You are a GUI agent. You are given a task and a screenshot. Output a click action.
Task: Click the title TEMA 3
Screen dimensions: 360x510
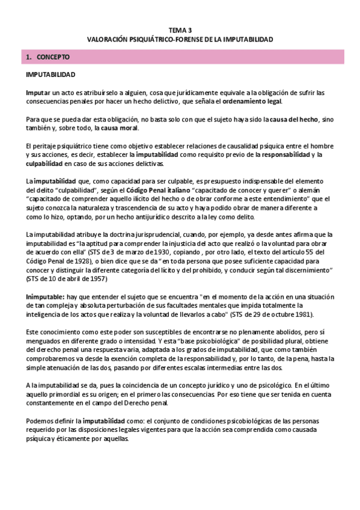pos(180,29)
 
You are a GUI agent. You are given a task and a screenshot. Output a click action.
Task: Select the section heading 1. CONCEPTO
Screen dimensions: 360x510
pos(49,58)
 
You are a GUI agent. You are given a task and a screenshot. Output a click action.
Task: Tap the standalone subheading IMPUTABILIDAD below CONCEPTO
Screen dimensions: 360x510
pos(50,76)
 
